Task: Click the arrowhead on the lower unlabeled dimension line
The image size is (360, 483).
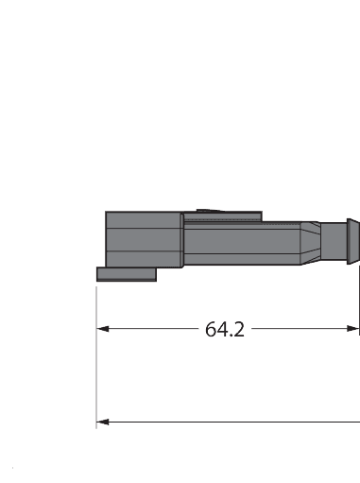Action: click(x=104, y=422)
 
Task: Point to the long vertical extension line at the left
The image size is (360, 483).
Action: click(x=96, y=378)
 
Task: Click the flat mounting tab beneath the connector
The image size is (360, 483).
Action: click(x=127, y=274)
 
